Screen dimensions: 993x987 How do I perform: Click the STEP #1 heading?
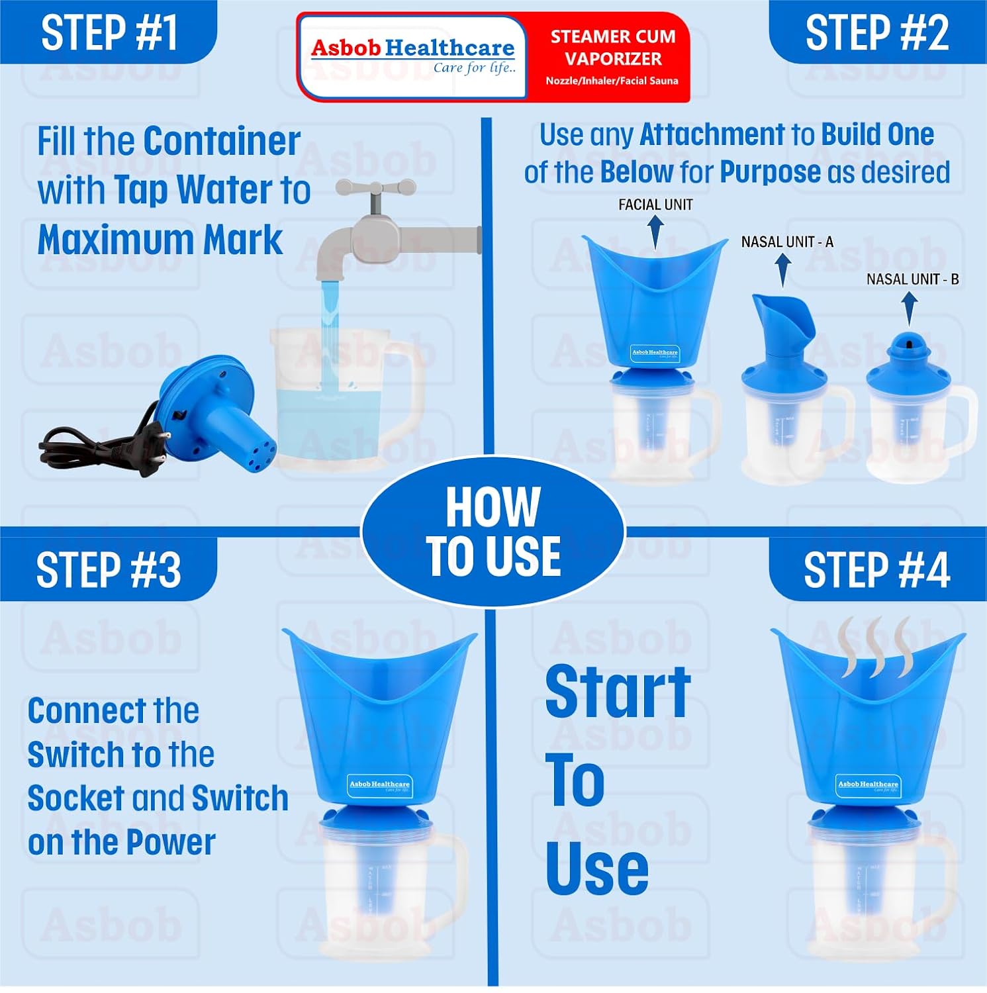point(109,33)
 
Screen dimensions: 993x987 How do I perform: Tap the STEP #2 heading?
point(876,33)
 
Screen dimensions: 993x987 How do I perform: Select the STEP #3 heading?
point(109,570)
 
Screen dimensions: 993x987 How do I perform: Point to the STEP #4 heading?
point(876,570)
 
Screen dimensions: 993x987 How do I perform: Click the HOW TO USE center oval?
point(493,532)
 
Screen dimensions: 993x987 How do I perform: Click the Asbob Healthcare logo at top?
point(412,56)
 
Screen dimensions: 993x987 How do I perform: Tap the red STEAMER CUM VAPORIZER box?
point(612,58)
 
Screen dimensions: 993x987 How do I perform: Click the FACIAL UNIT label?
point(655,205)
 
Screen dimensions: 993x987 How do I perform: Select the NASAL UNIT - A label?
point(787,242)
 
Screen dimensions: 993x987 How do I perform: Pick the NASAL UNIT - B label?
point(912,279)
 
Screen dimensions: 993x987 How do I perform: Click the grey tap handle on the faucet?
point(375,189)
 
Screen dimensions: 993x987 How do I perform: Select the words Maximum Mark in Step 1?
point(160,240)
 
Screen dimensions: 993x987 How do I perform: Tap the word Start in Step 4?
point(618,692)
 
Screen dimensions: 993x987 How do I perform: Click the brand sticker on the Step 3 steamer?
point(379,785)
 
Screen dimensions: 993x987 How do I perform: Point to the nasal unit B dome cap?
point(908,350)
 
